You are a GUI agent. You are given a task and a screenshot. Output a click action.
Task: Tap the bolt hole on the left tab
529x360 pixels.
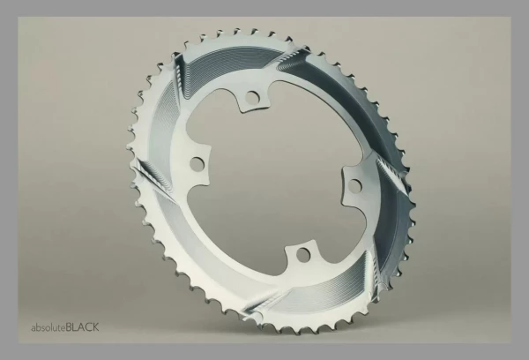click(197, 164)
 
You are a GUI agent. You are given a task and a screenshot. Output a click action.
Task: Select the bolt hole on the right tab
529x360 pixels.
click(355, 186)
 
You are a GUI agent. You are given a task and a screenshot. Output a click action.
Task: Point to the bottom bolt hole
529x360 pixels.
click(303, 254)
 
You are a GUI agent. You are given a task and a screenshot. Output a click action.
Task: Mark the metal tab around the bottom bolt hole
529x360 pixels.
click(303, 255)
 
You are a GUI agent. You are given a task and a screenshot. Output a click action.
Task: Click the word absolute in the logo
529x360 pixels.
click(48, 327)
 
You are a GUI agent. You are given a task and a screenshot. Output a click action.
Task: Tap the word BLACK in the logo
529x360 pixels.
click(82, 327)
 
